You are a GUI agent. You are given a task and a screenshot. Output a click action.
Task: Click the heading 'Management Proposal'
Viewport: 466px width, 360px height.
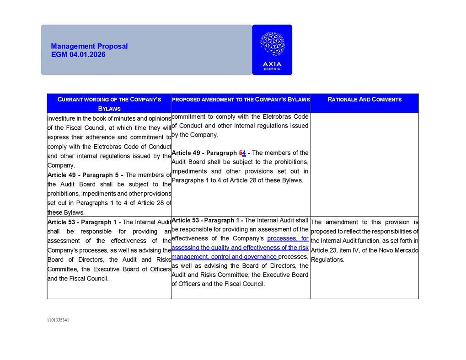click(x=89, y=46)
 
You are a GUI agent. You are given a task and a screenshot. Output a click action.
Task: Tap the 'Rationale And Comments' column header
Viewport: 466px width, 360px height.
click(x=364, y=99)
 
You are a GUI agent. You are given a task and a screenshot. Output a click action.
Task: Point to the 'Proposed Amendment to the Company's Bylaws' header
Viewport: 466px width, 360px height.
click(x=241, y=99)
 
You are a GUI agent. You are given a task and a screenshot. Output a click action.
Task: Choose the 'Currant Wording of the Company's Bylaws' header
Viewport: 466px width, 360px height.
click(x=109, y=103)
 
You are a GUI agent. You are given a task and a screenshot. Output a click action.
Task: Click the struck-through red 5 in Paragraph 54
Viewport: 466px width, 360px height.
click(x=241, y=153)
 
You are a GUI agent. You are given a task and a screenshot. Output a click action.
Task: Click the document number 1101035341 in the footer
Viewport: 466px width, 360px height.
click(x=58, y=320)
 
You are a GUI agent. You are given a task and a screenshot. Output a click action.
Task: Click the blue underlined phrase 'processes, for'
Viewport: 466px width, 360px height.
click(x=288, y=238)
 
